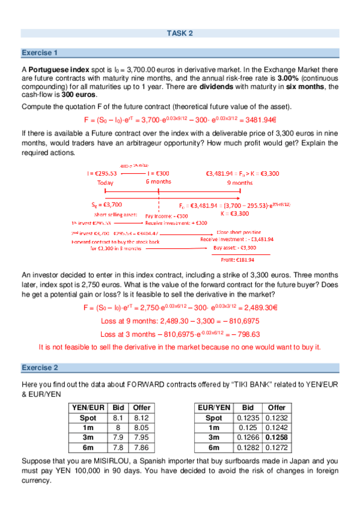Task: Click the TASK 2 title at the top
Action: pos(179,33)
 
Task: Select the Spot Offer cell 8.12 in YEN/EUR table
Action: pos(142,417)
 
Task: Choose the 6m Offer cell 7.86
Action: pos(142,447)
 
